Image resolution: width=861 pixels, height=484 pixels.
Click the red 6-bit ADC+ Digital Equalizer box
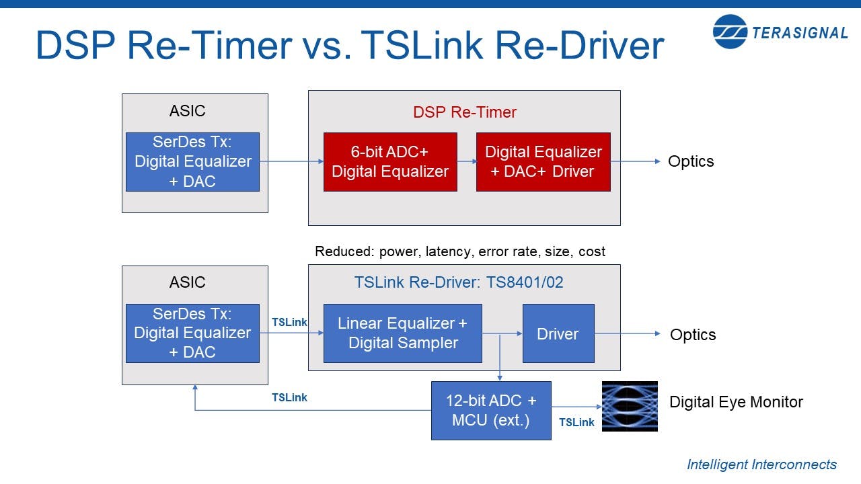[390, 162]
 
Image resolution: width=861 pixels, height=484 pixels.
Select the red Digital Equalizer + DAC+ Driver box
[543, 162]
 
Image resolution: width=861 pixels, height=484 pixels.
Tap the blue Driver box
[558, 333]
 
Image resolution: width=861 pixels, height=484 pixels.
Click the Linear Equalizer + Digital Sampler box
[402, 333]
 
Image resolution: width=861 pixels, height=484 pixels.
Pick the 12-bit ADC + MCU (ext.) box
[491, 411]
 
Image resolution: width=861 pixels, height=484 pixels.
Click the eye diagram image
[629, 406]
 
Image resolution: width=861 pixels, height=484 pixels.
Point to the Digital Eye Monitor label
[736, 402]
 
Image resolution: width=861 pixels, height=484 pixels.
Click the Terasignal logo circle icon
[730, 32]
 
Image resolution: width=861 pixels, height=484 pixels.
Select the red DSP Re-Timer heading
[464, 112]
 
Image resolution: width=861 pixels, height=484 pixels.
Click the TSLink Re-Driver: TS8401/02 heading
[459, 282]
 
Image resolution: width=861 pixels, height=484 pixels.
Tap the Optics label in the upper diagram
[691, 161]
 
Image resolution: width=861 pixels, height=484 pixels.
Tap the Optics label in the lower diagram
[693, 335]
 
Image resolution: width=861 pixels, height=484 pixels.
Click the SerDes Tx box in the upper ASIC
[193, 162]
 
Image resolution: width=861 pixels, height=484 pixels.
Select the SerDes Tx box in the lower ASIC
[193, 333]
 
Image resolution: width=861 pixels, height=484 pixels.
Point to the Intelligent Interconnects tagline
[761, 465]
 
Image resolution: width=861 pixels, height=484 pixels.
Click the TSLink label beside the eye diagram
[576, 422]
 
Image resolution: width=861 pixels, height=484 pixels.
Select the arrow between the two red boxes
[466, 161]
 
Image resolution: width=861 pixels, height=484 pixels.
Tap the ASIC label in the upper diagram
[188, 111]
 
